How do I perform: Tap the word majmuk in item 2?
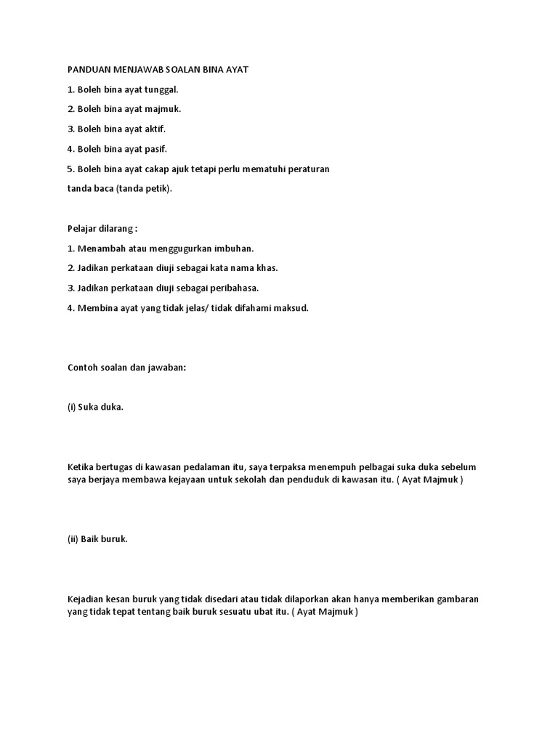[164, 109]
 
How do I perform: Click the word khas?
[267, 268]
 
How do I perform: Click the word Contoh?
[82, 367]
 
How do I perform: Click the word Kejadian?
[86, 599]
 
